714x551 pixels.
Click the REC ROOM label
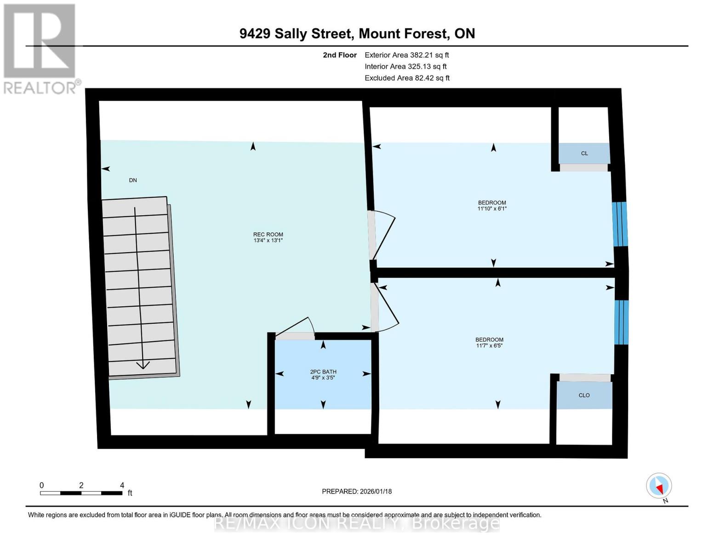268,234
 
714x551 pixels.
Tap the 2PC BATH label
323,372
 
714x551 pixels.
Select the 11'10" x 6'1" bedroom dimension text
492,208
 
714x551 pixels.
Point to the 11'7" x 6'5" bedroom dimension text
489,346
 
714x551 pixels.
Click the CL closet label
584,153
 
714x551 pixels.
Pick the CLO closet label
584,395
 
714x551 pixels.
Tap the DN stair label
133,180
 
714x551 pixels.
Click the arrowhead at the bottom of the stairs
143,365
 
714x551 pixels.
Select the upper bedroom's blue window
620,224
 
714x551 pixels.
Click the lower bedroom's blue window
622,322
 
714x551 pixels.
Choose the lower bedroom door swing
386,308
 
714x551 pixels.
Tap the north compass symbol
659,486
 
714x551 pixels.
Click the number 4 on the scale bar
122,485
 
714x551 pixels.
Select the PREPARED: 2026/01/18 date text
357,491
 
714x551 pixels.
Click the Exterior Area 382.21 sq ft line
406,55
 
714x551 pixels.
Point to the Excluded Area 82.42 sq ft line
407,78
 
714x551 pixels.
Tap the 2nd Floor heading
340,55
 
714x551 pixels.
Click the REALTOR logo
40,48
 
